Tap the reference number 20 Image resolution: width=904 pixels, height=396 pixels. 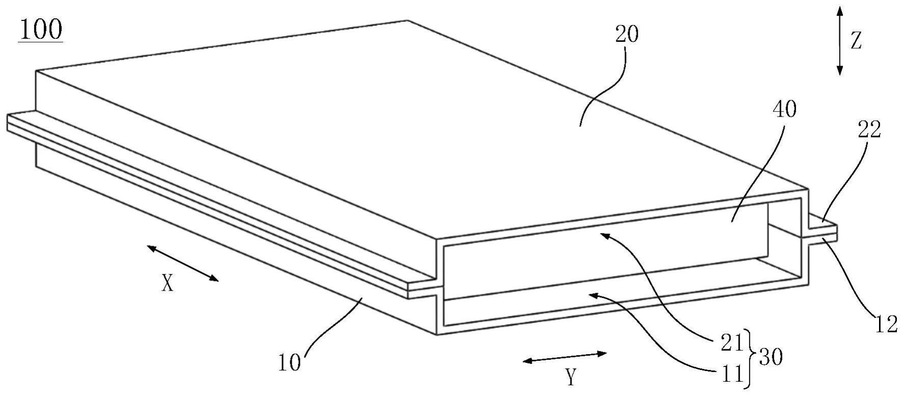(626, 35)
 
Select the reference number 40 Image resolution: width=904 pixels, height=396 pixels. (784, 110)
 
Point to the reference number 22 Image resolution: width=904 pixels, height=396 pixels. (869, 130)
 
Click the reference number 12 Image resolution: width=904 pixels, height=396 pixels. (887, 324)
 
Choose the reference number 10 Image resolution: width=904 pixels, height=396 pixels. (289, 363)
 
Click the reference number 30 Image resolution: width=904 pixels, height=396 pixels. (770, 358)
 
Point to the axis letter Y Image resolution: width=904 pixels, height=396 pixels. (571, 378)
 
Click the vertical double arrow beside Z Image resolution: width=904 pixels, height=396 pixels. (840, 41)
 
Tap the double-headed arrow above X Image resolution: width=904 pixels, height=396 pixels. (183, 263)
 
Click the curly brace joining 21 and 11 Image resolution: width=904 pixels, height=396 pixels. (751, 358)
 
